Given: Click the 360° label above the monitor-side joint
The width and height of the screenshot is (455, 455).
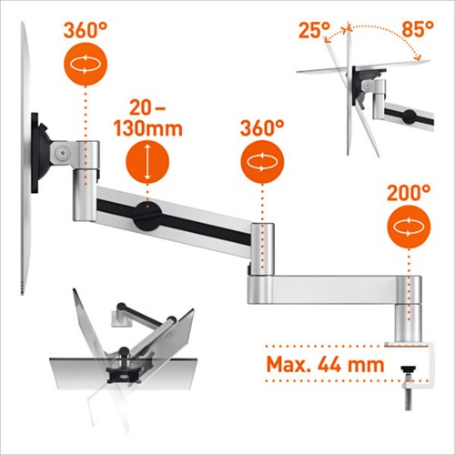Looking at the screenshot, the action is pyautogui.click(x=86, y=30).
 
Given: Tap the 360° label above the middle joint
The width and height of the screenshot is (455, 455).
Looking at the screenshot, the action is pyautogui.click(x=262, y=128).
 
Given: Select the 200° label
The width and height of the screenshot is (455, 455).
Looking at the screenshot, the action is pyautogui.click(x=409, y=193).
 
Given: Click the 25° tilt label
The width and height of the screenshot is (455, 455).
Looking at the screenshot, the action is pyautogui.click(x=314, y=30).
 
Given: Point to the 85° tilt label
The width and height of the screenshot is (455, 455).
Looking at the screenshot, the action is pyautogui.click(x=418, y=29).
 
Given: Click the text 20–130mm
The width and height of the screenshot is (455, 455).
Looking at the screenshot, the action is pyautogui.click(x=148, y=118).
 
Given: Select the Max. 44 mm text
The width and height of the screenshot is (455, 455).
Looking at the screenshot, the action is pyautogui.click(x=326, y=364).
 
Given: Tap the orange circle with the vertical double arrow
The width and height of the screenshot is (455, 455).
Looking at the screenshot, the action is pyautogui.click(x=147, y=162).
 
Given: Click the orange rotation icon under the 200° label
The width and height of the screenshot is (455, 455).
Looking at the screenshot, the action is pyautogui.click(x=409, y=227).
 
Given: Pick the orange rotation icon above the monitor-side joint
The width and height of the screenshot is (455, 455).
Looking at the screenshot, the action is pyautogui.click(x=86, y=65).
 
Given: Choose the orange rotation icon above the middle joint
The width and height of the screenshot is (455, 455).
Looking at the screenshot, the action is pyautogui.click(x=262, y=162).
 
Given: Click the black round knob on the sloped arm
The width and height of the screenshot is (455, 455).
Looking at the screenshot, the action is pyautogui.click(x=147, y=217).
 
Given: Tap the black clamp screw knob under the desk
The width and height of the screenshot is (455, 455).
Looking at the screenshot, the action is pyautogui.click(x=409, y=369).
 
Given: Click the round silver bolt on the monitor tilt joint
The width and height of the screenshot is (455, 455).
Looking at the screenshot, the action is pyautogui.click(x=64, y=151).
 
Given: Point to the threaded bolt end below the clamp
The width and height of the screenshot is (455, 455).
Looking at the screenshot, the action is pyautogui.click(x=409, y=401).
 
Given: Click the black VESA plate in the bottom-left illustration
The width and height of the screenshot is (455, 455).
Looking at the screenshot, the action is pyautogui.click(x=122, y=375).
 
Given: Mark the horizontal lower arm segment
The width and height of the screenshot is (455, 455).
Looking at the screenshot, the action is pyautogui.click(x=334, y=289).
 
